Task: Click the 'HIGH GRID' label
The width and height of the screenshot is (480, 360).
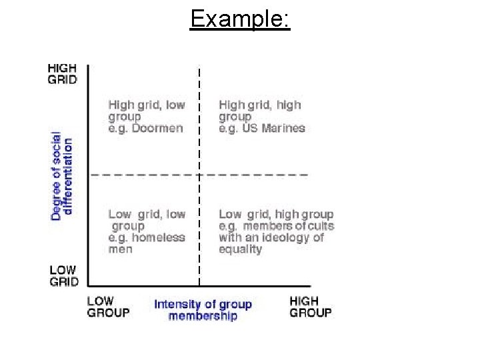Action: pos(62,73)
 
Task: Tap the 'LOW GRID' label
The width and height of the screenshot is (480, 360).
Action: pos(63,275)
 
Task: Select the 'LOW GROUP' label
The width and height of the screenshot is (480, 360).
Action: pos(109,307)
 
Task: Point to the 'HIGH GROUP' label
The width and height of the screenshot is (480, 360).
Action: pos(310,307)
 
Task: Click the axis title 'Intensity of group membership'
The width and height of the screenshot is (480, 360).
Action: pos(203,310)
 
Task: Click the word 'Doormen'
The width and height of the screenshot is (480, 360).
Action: pos(158,128)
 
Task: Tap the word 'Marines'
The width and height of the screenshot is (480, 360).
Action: pos(283,128)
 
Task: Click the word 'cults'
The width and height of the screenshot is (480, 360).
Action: pos(321,226)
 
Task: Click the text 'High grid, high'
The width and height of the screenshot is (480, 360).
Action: pos(260,105)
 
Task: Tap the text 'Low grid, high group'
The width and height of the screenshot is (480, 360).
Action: pos(276,214)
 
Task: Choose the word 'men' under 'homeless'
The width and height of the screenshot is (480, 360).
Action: pos(120,249)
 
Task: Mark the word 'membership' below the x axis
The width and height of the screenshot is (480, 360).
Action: pos(203,316)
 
